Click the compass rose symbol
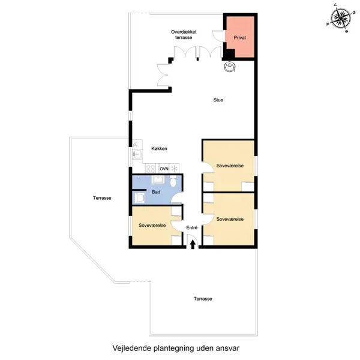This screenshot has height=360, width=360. coord(341,19)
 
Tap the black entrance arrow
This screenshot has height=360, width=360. coord(193,244)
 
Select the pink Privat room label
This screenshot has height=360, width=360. coord(239,37)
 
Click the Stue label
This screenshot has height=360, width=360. coord(218,100)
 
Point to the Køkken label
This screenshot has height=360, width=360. coord(159,149)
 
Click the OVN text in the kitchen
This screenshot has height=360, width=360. coord(164,169)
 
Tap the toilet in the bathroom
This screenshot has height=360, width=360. coord(173,181)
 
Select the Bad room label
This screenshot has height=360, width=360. coord(156,192)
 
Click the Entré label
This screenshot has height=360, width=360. coord(192,227)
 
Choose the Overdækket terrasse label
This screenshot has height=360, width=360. coord(184,35)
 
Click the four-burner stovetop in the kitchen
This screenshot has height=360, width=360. coord(151,169)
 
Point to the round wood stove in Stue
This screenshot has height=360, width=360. coord(229,67)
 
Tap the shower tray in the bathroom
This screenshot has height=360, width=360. coord(139,198)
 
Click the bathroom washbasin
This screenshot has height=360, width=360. coord(157,179)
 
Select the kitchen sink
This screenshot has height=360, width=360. coord(137,154)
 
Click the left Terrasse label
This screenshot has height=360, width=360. coord(102,198)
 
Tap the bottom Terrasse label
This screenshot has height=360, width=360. coord(203,299)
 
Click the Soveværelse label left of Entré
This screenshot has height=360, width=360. coord(152,225)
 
